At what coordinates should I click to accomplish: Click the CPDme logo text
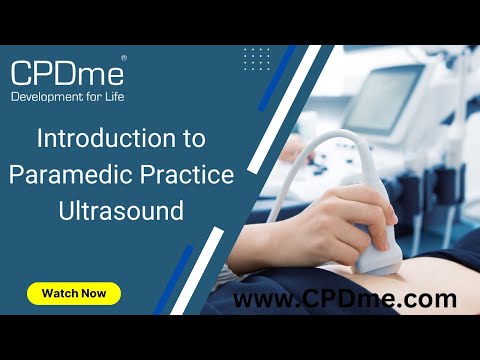[x=66, y=72]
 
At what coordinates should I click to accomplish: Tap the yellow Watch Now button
[x=74, y=294]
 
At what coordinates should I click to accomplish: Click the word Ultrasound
[x=121, y=211]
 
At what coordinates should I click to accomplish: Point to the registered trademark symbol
[x=123, y=59]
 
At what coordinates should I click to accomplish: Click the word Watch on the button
[x=59, y=294]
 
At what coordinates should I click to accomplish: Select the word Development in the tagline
[x=49, y=96]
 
